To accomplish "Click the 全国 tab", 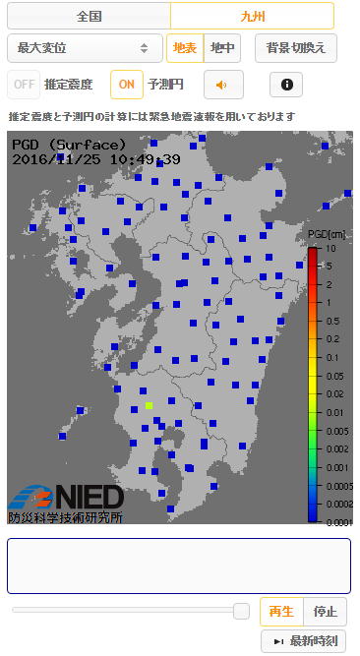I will [x=89, y=16].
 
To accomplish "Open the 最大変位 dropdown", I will [x=84, y=47].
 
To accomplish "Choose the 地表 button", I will [x=184, y=47].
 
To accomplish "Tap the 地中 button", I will [x=222, y=47].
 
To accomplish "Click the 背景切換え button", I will [x=296, y=47].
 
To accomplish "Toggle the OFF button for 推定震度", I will [x=24, y=85].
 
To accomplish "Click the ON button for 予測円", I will [x=126, y=85].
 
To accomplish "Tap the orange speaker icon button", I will [x=223, y=85].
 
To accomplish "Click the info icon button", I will [x=286, y=85].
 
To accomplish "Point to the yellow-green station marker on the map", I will [x=149, y=405].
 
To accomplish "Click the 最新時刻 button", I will [x=304, y=641].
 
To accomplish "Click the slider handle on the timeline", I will [x=241, y=611].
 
